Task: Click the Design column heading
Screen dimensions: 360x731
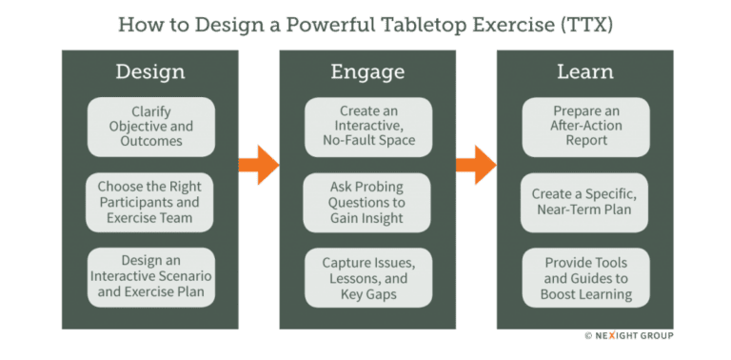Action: click(149, 71)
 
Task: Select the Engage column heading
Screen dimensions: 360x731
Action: click(367, 71)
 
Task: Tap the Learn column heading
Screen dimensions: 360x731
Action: click(584, 71)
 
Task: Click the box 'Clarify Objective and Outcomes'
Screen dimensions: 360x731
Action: click(149, 128)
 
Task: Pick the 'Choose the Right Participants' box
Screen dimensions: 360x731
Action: click(149, 202)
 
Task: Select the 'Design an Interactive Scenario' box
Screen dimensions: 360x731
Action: click(149, 277)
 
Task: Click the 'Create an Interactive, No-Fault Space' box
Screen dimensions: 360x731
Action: click(367, 128)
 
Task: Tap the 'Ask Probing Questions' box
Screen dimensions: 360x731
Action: click(367, 202)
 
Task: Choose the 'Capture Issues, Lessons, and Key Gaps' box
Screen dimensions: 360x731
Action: click(367, 277)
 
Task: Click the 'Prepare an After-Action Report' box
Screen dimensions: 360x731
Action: click(584, 128)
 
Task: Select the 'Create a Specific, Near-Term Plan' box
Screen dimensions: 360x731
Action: click(584, 202)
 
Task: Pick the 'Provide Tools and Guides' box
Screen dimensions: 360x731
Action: click(584, 277)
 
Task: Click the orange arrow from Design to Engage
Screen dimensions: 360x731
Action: click(258, 164)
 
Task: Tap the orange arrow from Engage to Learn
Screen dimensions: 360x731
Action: click(476, 164)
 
